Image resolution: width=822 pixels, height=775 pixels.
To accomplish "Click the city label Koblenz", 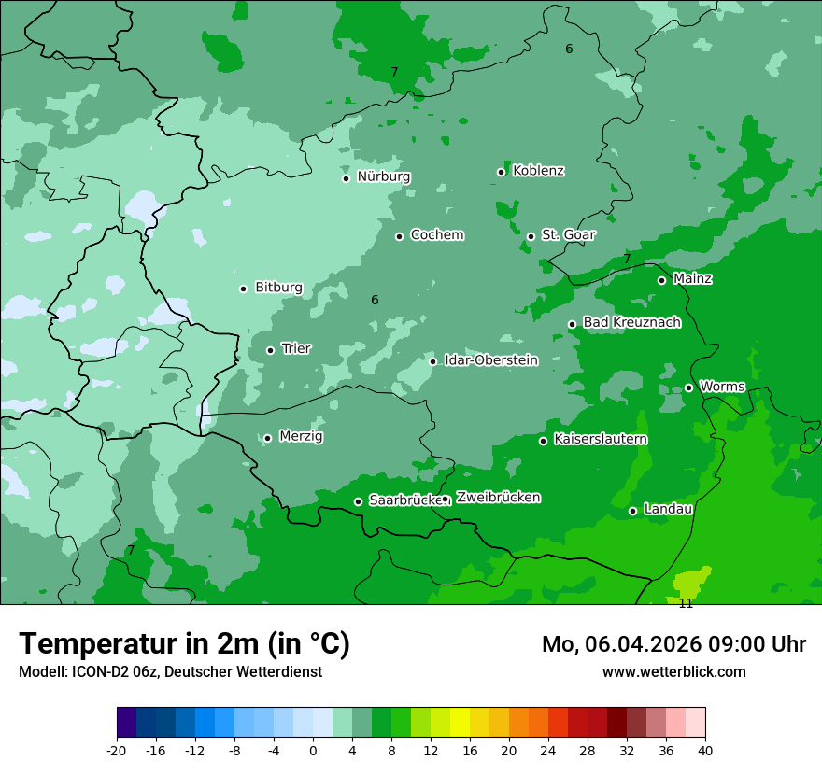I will coord(538,171).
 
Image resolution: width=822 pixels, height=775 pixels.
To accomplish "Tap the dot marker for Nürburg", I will coord(346,178).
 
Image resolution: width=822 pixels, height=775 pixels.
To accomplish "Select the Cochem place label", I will coord(436,235).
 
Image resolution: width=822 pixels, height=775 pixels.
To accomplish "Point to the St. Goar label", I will coord(568,235).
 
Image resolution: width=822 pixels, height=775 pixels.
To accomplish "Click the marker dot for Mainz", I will coord(661,280).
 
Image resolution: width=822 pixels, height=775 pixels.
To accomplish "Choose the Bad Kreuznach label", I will coord(631,323).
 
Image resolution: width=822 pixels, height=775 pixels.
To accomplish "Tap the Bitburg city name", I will coord(278,288).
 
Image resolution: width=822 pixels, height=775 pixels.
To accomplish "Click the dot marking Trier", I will coord(270,350).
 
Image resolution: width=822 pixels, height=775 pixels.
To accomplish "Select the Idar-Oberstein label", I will coord(490,360).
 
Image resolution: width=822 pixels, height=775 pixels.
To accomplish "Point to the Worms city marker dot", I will coord(688,387).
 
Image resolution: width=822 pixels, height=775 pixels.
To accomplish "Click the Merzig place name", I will coord(301,437).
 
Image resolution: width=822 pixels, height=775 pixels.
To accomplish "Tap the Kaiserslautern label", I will coord(600,440).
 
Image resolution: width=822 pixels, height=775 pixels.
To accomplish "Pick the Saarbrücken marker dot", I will coord(358,501).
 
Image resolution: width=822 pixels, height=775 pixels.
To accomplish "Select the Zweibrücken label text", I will coord(498,498).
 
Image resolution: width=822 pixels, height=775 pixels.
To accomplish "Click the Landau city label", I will coord(667,510).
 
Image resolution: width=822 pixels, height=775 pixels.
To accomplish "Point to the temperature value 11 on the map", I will coord(686,604).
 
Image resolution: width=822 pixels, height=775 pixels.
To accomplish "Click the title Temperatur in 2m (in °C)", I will coord(184,644).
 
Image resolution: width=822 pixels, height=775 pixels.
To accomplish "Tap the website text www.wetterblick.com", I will coord(673,671).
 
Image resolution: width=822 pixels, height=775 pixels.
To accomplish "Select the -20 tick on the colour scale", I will coord(117,750).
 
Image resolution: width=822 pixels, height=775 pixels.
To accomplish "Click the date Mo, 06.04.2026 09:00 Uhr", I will coord(673,644).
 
